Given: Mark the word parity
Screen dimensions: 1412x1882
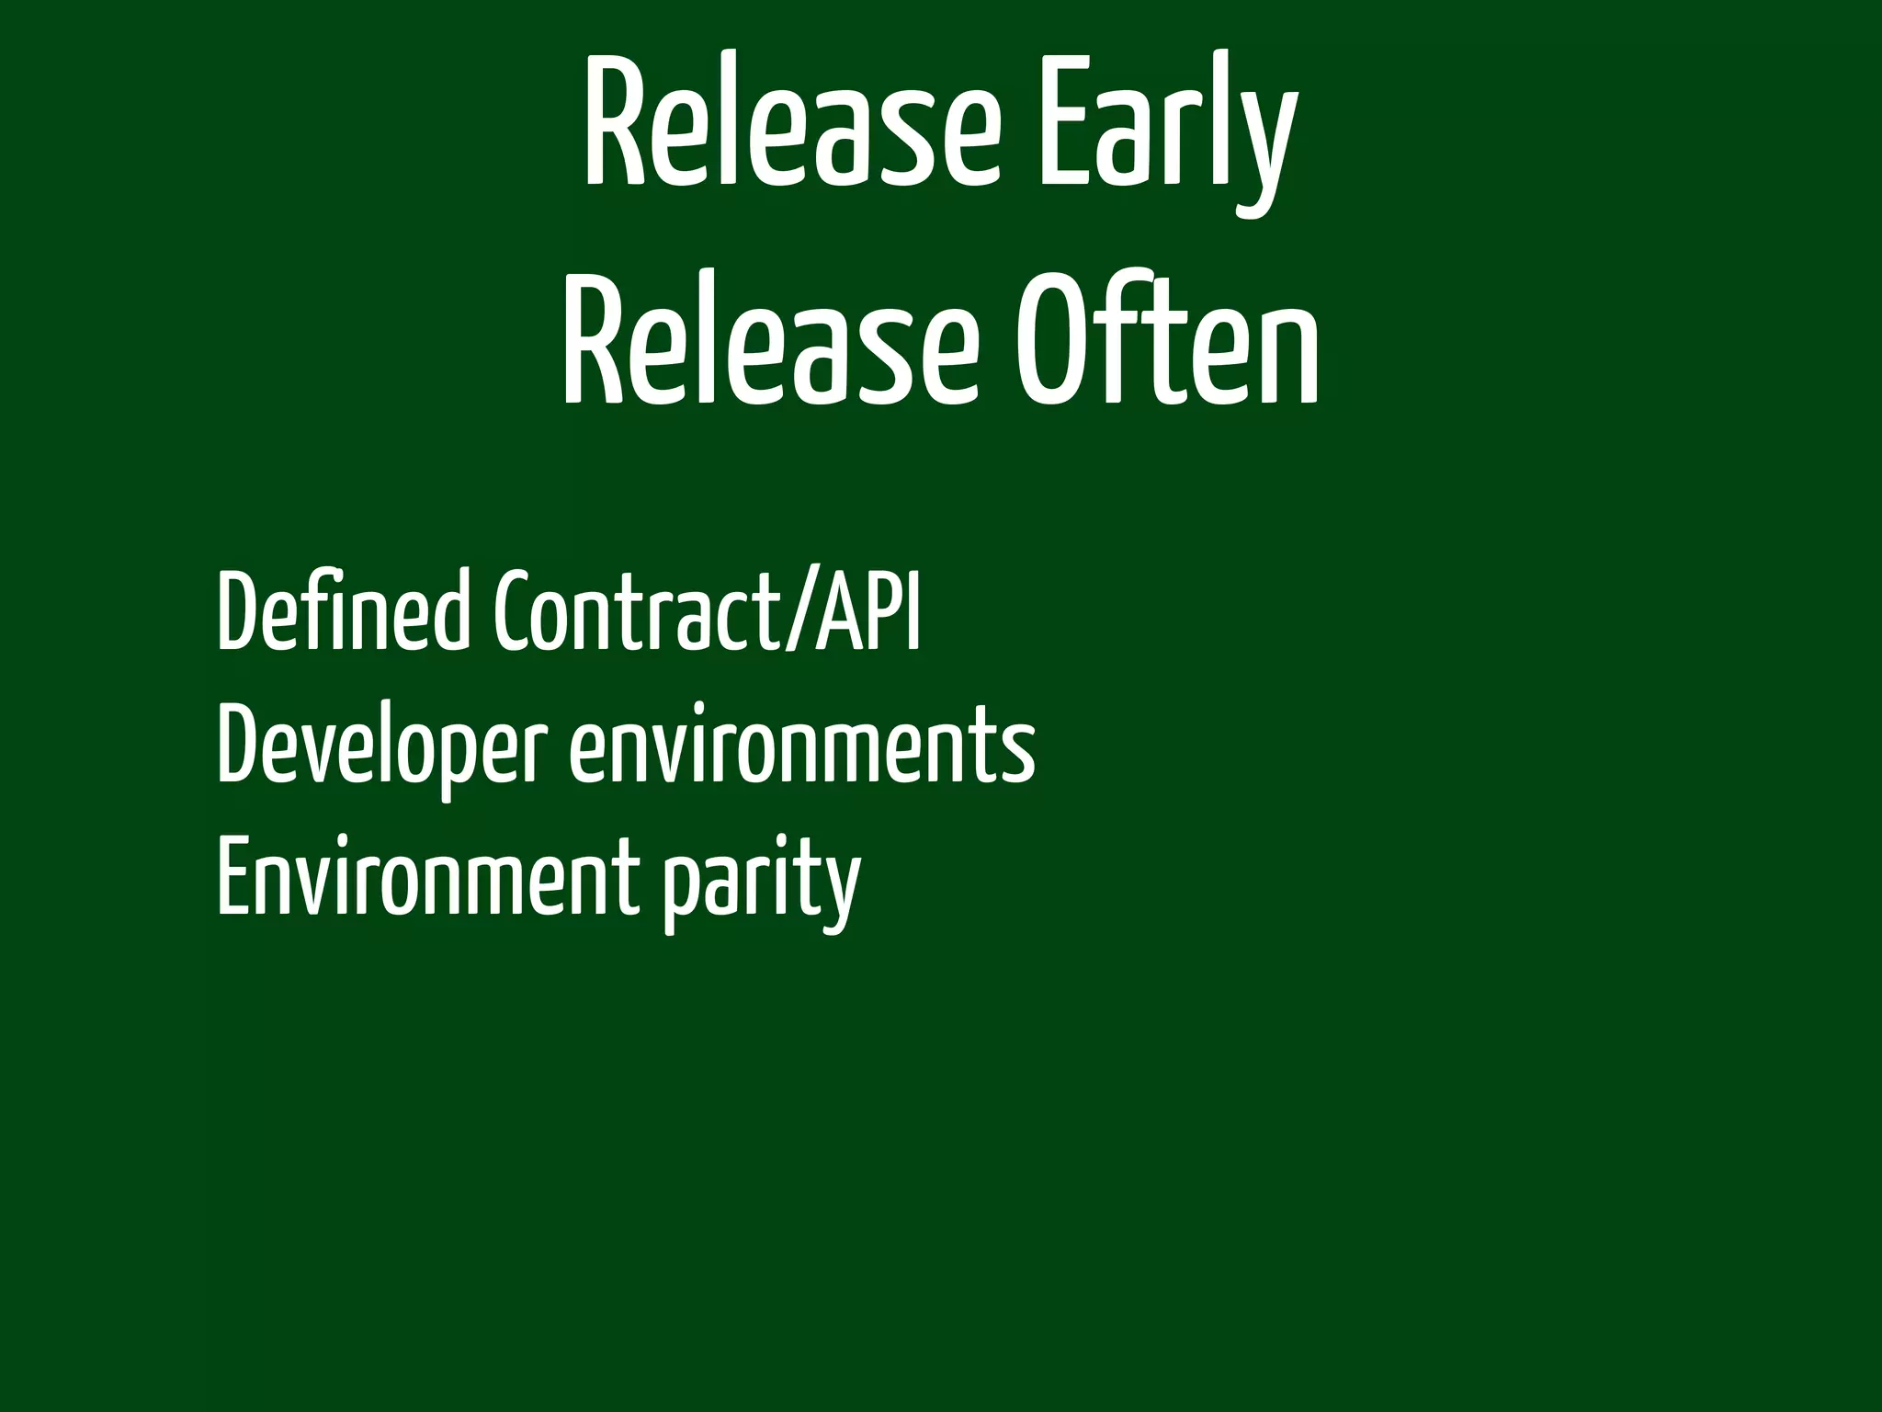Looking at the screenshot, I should (763, 882).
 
